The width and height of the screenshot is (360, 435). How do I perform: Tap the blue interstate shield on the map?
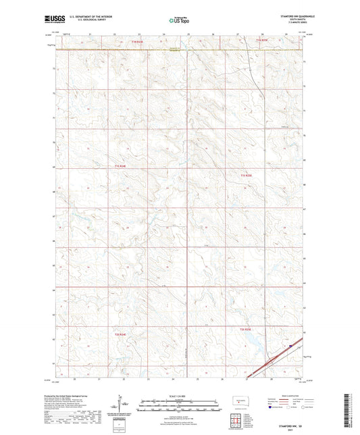290,347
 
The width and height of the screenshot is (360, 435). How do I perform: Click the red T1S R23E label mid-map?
120,166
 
